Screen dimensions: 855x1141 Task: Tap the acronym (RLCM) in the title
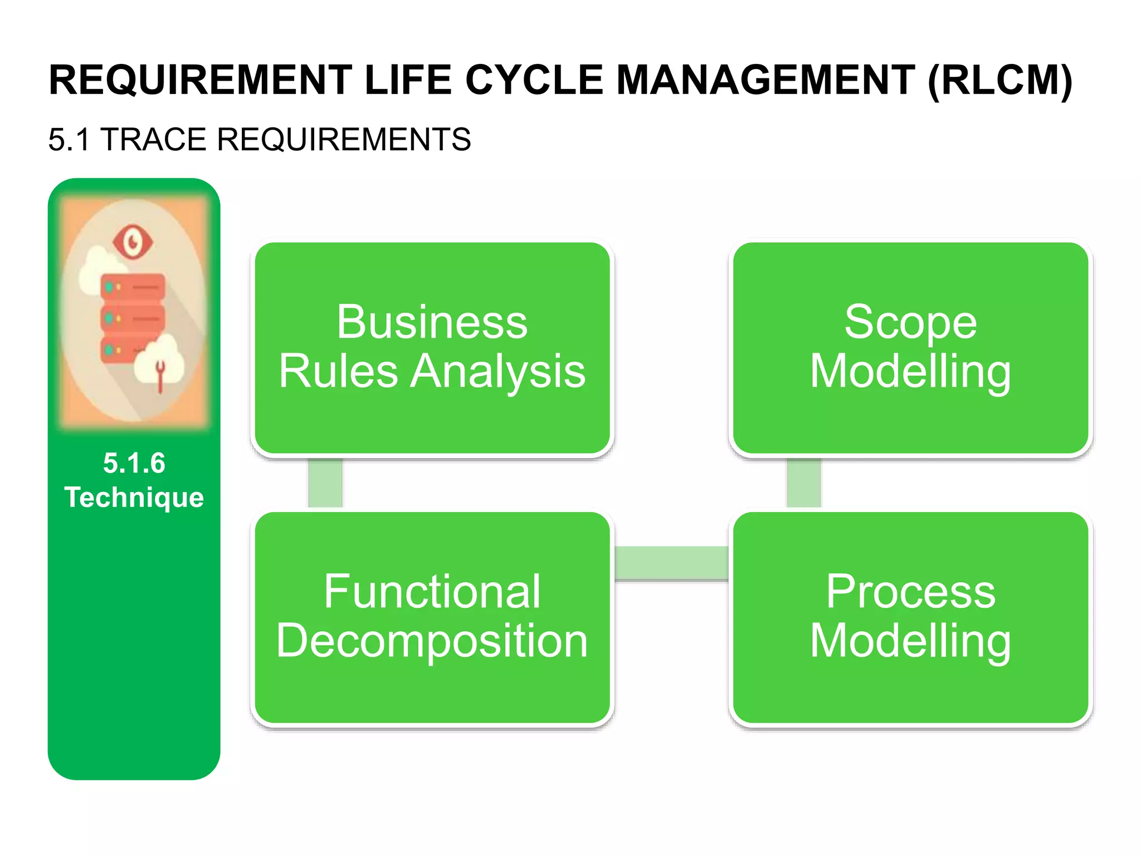(x=1000, y=81)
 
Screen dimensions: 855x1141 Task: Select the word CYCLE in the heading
(x=534, y=81)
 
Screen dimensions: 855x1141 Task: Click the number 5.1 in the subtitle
(x=69, y=139)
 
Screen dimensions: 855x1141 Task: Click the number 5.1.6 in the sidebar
(x=134, y=463)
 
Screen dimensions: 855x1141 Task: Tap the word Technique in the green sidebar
(x=134, y=497)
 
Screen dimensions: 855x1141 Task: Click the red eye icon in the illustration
(x=132, y=242)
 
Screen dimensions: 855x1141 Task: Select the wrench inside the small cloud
(x=160, y=375)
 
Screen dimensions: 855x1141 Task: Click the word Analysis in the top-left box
(x=498, y=371)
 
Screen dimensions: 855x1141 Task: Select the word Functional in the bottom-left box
(x=432, y=591)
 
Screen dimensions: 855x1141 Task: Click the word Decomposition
(x=432, y=641)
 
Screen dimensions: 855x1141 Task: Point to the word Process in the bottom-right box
(x=910, y=591)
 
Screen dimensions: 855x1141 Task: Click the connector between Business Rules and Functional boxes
(x=325, y=483)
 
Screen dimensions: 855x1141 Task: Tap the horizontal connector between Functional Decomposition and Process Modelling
(x=671, y=563)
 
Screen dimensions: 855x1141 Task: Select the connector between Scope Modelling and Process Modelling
(x=803, y=483)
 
